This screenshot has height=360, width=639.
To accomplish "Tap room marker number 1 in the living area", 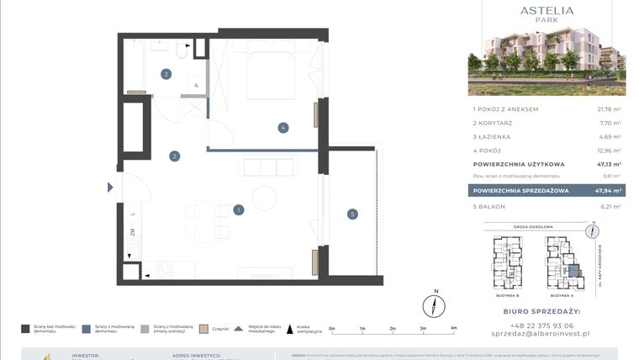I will point(239,209).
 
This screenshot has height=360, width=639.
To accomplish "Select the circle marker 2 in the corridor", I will point(174,156).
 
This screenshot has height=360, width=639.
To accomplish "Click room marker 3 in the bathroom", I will point(166,74).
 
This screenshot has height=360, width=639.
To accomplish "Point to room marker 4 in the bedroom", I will point(283,128).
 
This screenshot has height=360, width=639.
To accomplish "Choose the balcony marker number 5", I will point(351,214).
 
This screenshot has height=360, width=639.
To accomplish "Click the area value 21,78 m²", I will point(608,109).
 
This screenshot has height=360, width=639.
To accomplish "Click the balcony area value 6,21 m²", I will point(610,206).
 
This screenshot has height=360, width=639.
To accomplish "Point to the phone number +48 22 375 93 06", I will point(546,326).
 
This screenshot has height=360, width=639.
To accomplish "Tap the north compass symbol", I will point(435,304).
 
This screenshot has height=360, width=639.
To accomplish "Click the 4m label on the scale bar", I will point(453,329).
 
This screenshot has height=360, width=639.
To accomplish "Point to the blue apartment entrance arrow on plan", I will point(110,188).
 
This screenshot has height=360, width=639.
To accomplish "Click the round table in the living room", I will point(265,199).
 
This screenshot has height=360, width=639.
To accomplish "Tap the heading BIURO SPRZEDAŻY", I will point(546,311).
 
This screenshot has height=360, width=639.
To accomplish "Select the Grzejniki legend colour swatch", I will point(203,329).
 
